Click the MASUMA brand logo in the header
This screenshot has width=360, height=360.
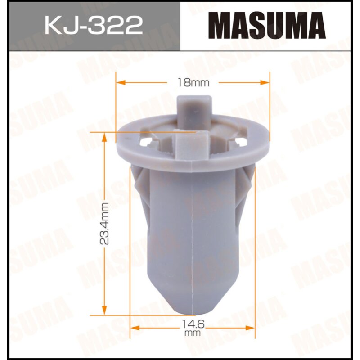tap(270, 25)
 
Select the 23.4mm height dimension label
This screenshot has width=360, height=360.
tap(104, 223)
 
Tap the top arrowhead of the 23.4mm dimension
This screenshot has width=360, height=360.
tap(104, 136)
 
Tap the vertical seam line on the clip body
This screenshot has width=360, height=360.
tap(193, 234)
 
